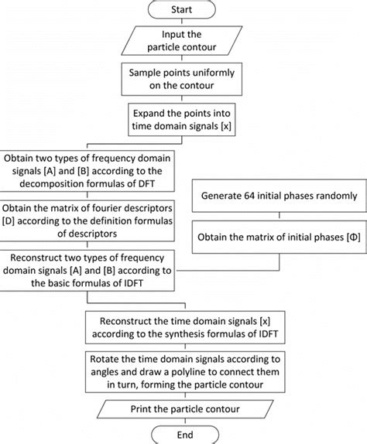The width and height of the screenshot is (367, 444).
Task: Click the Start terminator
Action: (x=183, y=11)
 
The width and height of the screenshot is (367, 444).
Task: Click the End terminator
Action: (x=183, y=432)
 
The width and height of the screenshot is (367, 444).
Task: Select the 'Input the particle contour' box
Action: (x=183, y=42)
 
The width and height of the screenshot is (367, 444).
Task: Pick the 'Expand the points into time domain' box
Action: (x=183, y=118)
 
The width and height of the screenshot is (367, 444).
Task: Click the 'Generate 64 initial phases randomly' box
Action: (x=279, y=196)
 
